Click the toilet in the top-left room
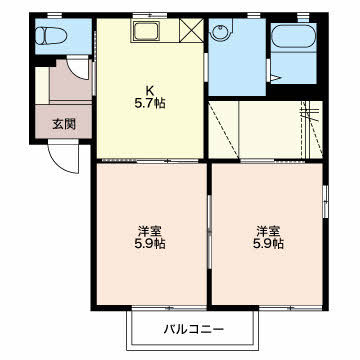click(x=50, y=39)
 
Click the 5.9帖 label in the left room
click(x=151, y=243)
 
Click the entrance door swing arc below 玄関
click(x=60, y=155)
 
